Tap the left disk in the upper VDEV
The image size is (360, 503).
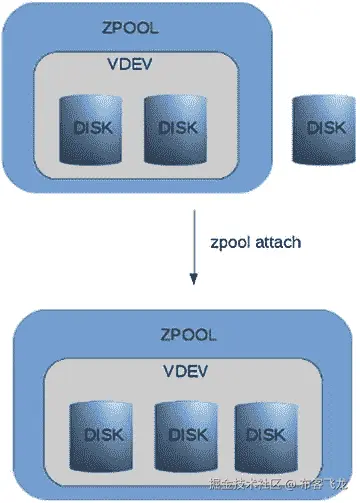coord(94,129)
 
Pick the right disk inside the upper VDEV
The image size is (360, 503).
coord(178,129)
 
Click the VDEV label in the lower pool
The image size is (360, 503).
coord(184,371)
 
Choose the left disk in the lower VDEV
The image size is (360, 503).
coord(102,435)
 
